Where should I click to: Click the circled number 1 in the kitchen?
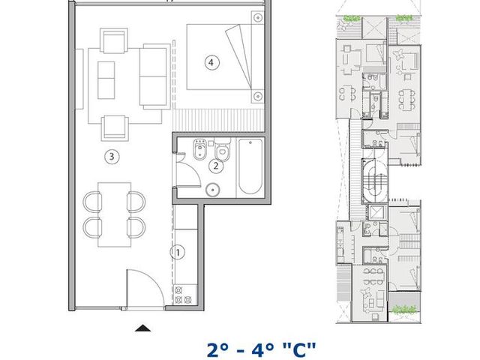178,252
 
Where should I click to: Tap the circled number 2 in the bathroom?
216,166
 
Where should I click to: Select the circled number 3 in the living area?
112,157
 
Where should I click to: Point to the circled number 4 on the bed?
211,62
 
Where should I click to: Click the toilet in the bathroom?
222,149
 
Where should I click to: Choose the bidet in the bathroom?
200,149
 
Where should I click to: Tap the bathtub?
250,166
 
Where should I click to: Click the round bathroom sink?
213,190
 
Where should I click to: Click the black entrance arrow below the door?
142,328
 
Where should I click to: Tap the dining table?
115,214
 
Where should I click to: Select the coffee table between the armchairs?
106,80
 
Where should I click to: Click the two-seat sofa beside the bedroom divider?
154,76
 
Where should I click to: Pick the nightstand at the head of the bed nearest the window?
258,18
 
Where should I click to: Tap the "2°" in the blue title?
217,351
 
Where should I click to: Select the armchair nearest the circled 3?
115,127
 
